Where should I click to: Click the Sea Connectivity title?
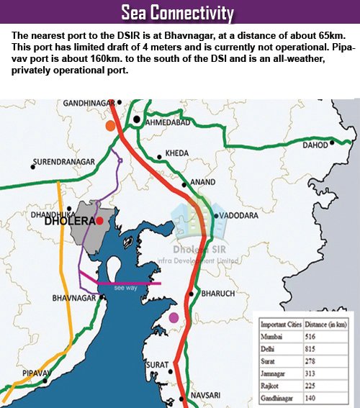[x=177, y=12]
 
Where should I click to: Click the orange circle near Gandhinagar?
[x=110, y=126]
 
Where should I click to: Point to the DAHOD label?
[x=315, y=145]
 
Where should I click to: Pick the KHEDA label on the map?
[x=176, y=153]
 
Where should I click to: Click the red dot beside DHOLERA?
[x=100, y=220]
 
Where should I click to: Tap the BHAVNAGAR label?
[x=74, y=297]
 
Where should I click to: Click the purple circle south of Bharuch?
[x=173, y=317]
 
